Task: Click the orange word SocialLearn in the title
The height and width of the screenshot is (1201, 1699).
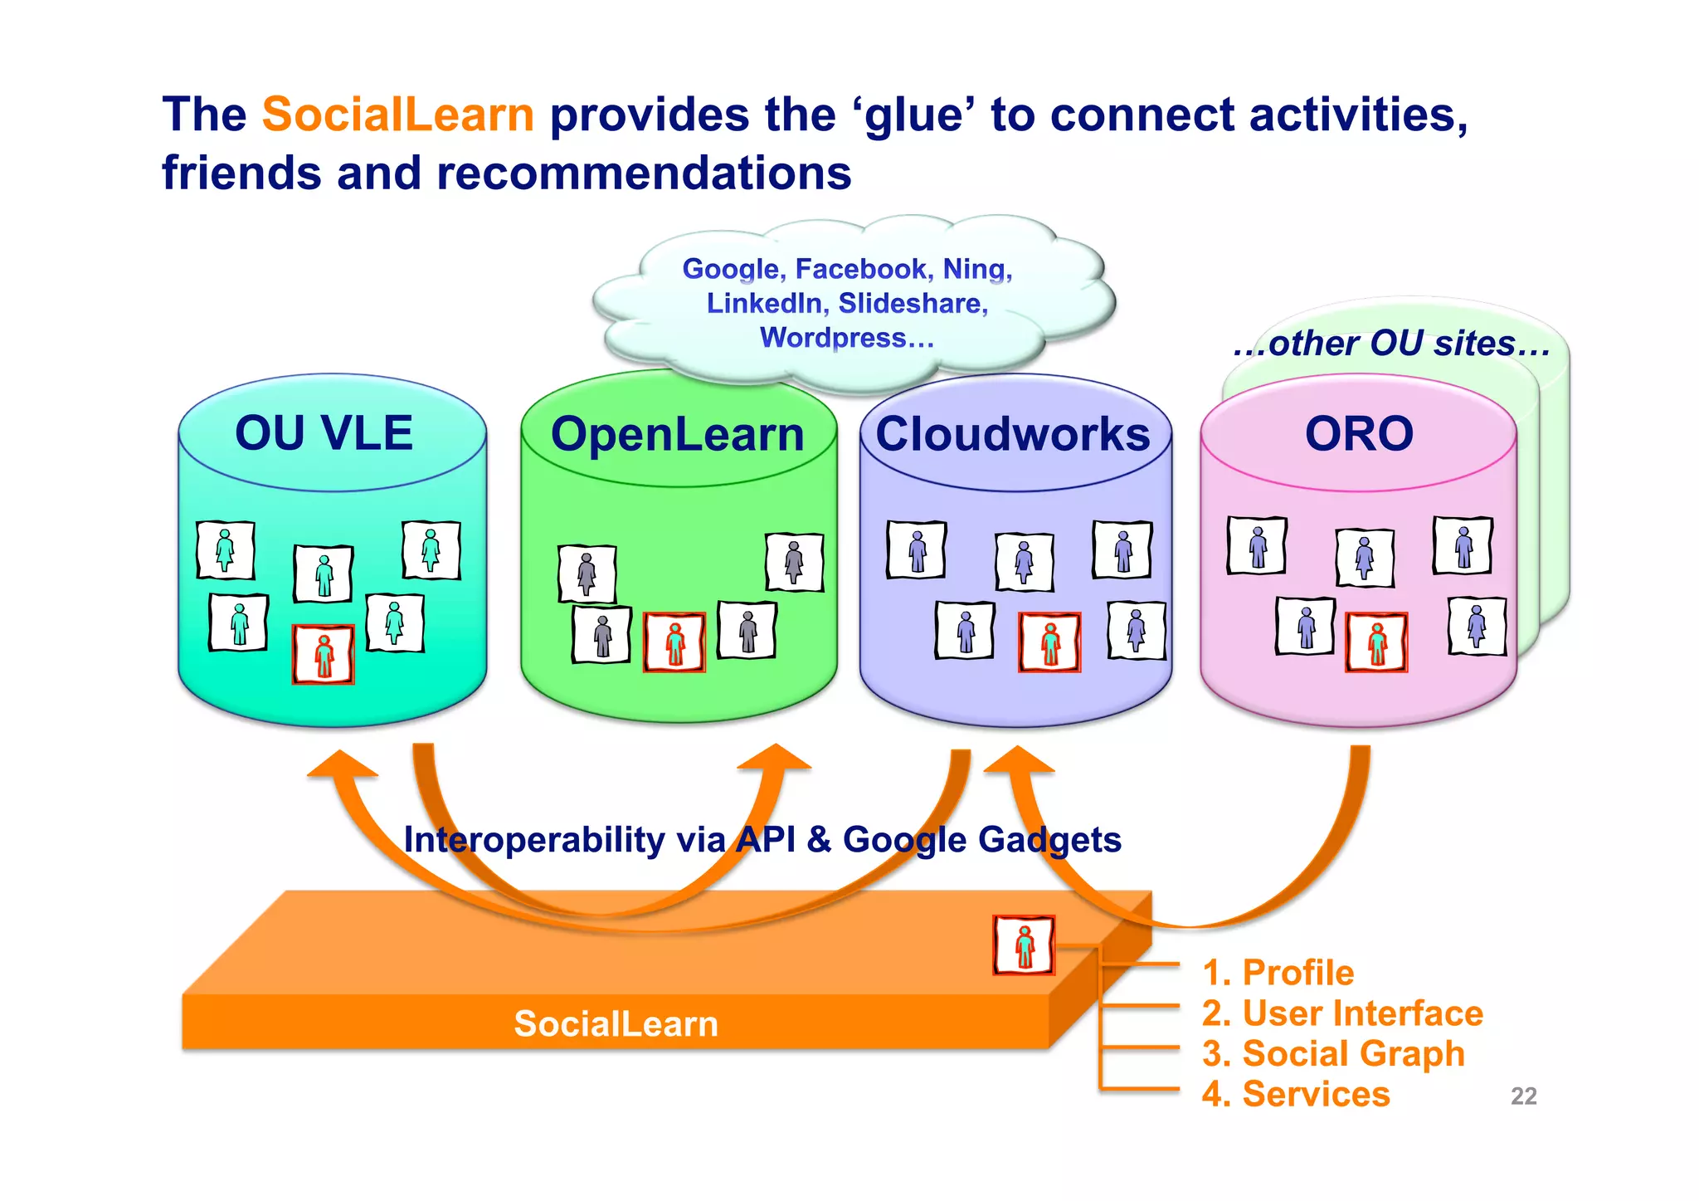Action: [397, 115]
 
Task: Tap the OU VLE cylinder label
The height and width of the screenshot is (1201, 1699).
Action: [324, 433]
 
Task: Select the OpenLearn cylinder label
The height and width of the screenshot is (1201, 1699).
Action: [677, 435]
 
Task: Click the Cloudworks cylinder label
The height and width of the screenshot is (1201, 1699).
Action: [1013, 435]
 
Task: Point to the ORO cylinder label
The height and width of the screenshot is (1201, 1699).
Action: [1358, 434]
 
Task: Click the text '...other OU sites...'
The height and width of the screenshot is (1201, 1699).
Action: [1391, 344]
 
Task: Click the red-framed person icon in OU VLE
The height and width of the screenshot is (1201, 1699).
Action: [324, 654]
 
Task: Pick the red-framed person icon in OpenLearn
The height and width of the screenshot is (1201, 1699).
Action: [674, 642]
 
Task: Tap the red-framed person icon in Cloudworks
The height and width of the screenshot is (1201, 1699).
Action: [1049, 642]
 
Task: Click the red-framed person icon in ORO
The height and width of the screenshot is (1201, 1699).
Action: [1376, 642]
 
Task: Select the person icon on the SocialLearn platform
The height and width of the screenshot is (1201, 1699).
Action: [1024, 945]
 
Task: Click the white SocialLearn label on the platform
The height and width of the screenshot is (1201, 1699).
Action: [616, 1023]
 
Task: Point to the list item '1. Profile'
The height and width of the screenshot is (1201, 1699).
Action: [1278, 973]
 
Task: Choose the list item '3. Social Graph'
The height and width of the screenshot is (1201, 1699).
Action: [1333, 1053]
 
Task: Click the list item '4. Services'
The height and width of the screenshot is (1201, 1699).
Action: [1295, 1094]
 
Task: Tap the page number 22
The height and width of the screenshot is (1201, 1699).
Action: [1523, 1096]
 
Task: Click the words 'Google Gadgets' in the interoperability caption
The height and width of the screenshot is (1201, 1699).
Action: [981, 840]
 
